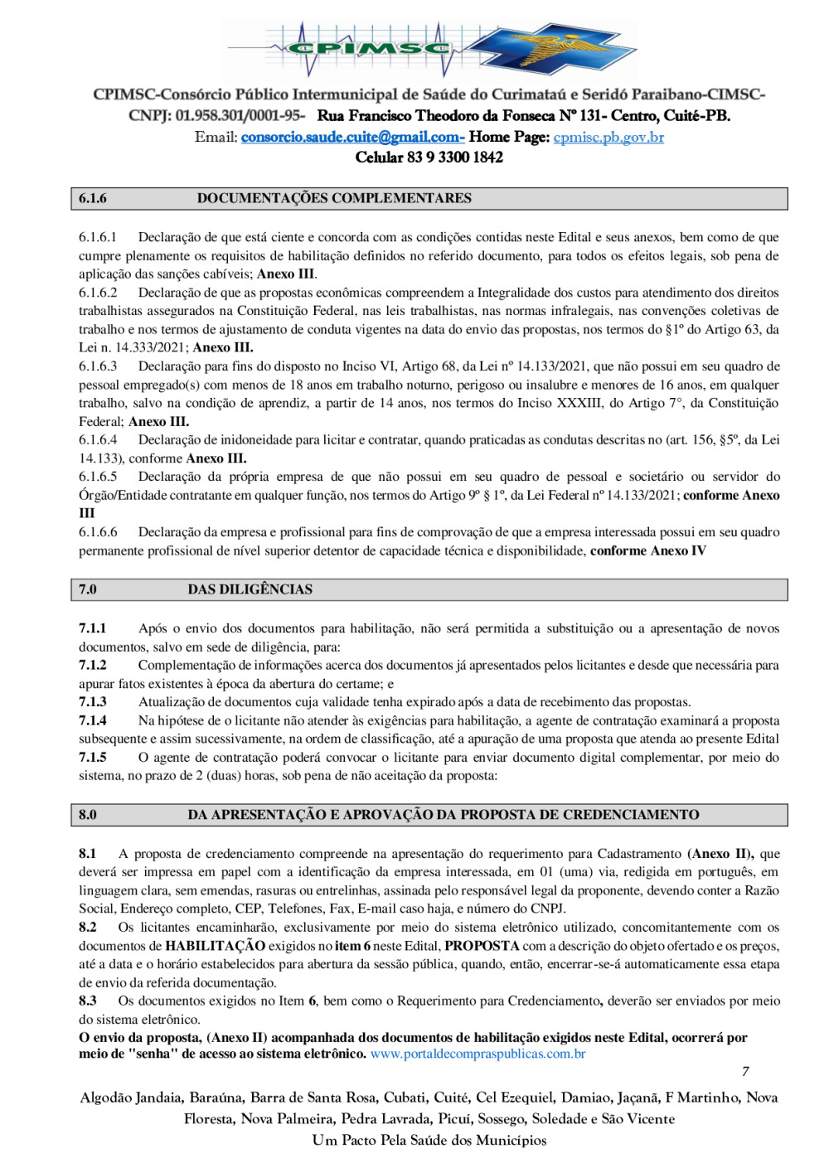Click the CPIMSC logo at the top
click(431, 48)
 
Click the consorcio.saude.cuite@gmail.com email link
click(351, 137)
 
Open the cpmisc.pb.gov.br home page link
click(608, 137)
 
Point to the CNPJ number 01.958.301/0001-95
click(240, 116)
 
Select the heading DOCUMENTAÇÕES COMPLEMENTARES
click(334, 199)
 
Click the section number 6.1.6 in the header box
click(93, 199)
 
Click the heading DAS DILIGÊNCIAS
click(250, 589)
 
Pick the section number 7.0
click(88, 589)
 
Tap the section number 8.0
click(88, 815)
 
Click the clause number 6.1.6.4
click(98, 440)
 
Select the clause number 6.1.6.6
click(98, 532)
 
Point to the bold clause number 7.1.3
click(93, 702)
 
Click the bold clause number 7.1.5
click(93, 758)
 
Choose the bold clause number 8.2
click(88, 928)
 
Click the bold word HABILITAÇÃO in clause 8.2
click(215, 946)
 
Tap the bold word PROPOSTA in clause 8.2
click(482, 946)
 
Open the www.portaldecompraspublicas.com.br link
click(478, 1054)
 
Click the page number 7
click(745, 1072)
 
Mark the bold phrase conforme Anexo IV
click(647, 550)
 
